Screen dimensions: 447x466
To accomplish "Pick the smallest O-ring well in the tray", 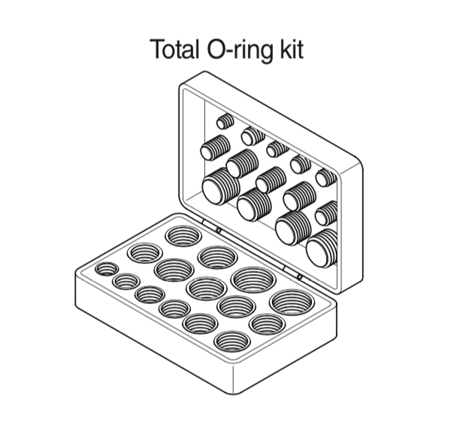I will click(x=106, y=269).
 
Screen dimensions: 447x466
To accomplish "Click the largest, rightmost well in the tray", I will click(x=292, y=303).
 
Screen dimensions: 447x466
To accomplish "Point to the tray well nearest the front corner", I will click(x=232, y=342).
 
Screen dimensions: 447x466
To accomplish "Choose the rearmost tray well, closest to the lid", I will click(x=183, y=236).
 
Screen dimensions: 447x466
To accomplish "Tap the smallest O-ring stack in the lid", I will click(x=224, y=121).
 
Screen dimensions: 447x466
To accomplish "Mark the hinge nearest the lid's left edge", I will click(x=213, y=227).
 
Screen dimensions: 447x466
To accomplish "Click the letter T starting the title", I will click(x=159, y=49).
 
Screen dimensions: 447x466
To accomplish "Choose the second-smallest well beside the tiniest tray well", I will click(x=126, y=281).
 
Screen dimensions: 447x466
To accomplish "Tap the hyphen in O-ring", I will click(x=222, y=51).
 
